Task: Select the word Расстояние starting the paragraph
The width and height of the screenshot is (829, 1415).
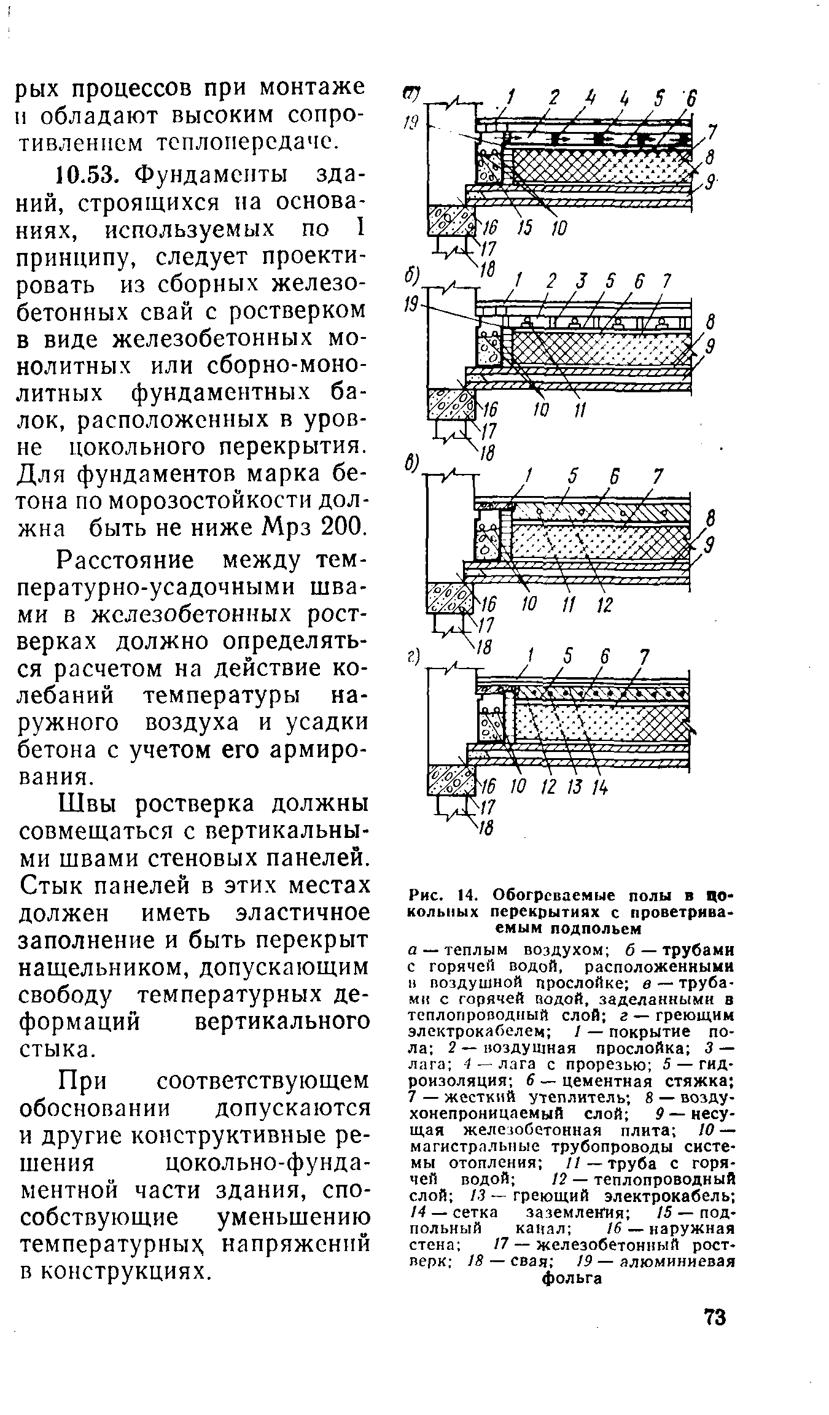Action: pyautogui.click(x=126, y=562)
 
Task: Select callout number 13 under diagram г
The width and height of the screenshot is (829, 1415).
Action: pyautogui.click(x=575, y=786)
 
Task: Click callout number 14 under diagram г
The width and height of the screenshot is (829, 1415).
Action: pyautogui.click(x=599, y=786)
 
